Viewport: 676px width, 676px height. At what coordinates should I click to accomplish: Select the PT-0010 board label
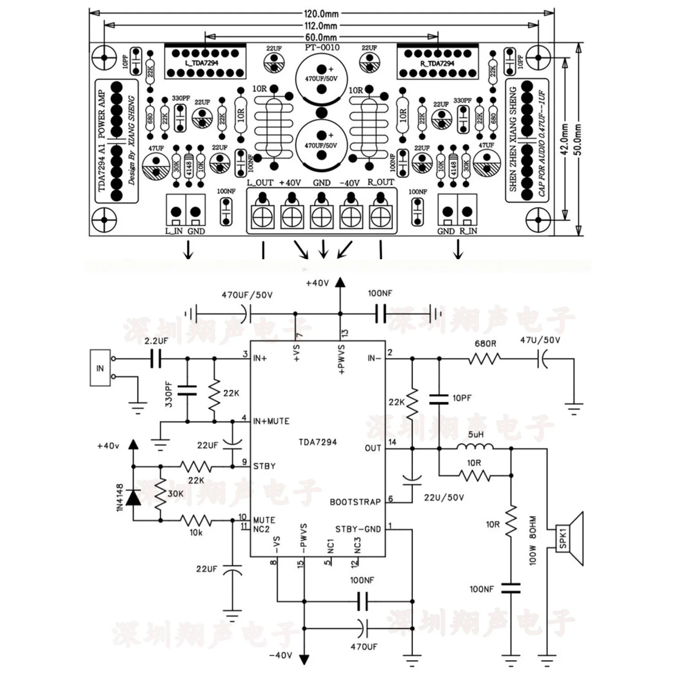pos(322,47)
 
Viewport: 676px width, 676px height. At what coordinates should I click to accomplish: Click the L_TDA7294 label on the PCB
pos(201,63)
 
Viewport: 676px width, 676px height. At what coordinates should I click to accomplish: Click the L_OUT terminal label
pos(260,183)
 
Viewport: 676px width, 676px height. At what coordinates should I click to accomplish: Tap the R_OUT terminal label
pos(381,182)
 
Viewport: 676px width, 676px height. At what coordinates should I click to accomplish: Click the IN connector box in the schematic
pos(100,368)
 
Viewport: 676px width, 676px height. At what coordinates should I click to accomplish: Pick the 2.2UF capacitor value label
pos(156,341)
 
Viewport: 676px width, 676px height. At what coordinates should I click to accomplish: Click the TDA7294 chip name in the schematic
pos(318,442)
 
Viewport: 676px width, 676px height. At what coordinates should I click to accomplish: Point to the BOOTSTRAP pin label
pos(355,502)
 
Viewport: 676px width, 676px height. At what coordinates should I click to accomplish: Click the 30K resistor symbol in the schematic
pos(160,494)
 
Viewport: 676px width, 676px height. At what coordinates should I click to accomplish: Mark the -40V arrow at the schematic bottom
pos(305,658)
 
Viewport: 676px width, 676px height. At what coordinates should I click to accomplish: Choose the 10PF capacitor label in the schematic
pos(462,398)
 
